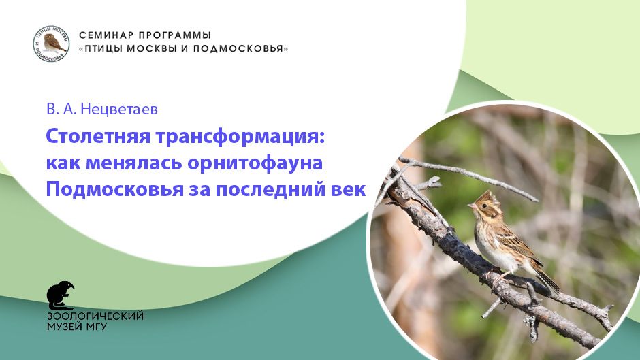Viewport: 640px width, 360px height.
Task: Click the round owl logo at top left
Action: [50, 43]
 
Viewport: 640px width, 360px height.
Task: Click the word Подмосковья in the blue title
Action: [112, 190]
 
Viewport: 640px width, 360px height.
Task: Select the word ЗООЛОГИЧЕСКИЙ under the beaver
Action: [95, 316]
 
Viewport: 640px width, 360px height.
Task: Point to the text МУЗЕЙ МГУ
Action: [76, 327]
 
